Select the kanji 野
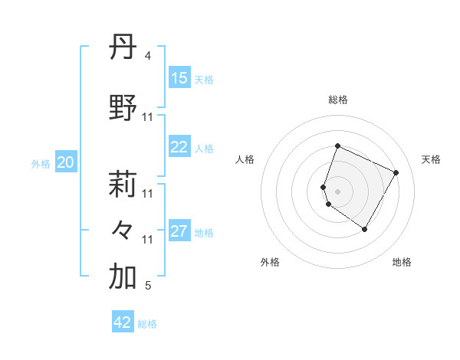123,109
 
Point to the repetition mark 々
123,230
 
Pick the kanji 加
123,277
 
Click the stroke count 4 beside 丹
148,56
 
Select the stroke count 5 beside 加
148,286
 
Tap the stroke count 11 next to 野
148,117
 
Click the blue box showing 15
179,78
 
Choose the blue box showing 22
179,147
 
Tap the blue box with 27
179,231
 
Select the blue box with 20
65,162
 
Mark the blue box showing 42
123,322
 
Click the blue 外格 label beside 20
41,163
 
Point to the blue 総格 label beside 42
147,324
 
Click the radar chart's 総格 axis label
338,100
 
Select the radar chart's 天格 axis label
431,159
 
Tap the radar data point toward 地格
365,229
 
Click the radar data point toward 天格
396,172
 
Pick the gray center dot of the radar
338,191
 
